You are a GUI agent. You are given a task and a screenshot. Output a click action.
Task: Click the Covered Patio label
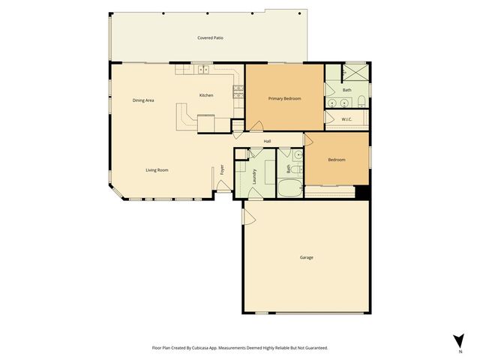tap(210, 37)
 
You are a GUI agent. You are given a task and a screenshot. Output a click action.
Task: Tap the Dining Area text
tap(143, 100)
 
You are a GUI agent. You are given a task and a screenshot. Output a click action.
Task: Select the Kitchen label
tap(206, 95)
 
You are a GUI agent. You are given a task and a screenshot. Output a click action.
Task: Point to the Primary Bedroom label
tap(284, 98)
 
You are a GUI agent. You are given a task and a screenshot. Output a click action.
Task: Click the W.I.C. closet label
tap(346, 119)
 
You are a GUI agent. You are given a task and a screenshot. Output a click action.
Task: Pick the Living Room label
tap(157, 170)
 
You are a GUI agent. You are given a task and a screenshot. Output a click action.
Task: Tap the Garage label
tap(306, 257)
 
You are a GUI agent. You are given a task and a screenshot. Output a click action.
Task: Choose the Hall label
tap(267, 141)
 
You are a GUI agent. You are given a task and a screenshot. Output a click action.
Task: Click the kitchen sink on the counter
tap(202, 70)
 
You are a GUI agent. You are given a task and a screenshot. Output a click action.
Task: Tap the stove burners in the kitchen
tap(238, 91)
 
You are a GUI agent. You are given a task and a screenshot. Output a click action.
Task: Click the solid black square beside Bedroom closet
tap(363, 192)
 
